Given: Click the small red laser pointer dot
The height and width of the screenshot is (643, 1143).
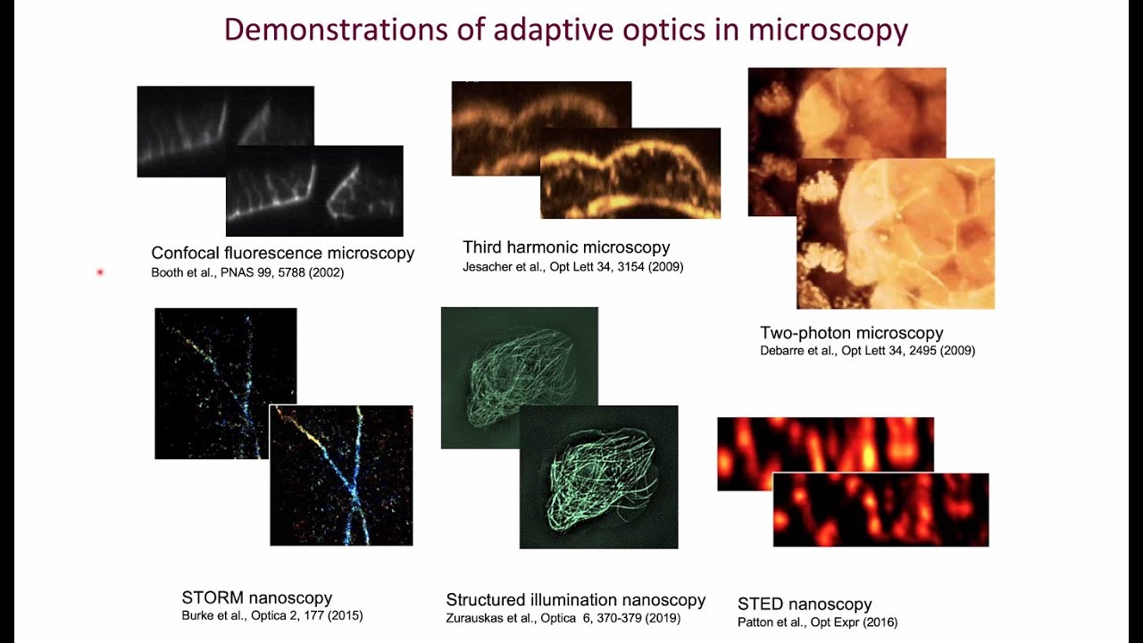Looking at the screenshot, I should (x=100, y=271).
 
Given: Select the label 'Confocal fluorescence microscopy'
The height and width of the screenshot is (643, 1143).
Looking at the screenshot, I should (x=282, y=253).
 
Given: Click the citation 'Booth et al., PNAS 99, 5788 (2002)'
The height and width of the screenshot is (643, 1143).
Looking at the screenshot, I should (x=247, y=272).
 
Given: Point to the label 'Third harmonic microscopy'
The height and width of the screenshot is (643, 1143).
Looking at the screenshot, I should (x=566, y=246).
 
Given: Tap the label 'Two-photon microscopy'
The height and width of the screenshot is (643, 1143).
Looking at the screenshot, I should (x=851, y=332).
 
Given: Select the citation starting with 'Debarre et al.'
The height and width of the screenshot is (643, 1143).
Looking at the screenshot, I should (x=867, y=351).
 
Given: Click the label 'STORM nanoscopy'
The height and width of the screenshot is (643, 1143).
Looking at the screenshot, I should (x=256, y=597).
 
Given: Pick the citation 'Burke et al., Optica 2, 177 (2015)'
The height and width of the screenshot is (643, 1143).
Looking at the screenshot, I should (x=271, y=615).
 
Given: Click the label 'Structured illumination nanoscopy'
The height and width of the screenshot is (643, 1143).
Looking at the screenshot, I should (x=575, y=599).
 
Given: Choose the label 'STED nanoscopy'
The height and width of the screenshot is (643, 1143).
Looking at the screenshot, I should (x=804, y=604).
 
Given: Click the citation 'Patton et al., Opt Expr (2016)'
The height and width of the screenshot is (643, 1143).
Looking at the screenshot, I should (x=817, y=622).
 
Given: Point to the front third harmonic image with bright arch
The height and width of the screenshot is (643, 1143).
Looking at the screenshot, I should (x=630, y=174).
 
